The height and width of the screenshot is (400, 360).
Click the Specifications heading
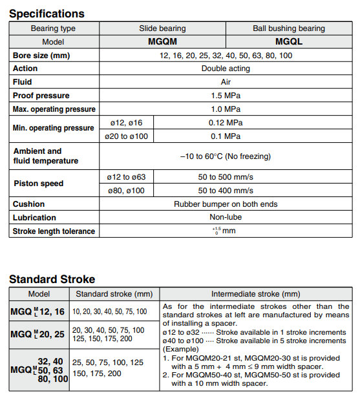point(47,14)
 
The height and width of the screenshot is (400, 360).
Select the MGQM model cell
point(162,41)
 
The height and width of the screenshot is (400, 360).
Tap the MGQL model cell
point(289,41)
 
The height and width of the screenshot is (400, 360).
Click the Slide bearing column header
point(162,28)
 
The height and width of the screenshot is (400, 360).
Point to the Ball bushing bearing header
point(289,28)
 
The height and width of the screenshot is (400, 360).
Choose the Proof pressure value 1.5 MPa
point(226,96)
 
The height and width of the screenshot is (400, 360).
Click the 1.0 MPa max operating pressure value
point(226,109)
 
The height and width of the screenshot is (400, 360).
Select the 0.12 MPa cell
point(226,123)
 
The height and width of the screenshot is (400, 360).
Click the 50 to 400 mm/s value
point(226,191)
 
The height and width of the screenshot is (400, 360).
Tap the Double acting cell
point(226,68)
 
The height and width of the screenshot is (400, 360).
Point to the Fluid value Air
point(226,82)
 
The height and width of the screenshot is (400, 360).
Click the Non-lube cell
point(226,218)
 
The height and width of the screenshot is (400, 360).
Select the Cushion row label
point(29,204)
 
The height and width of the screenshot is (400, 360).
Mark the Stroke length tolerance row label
point(54,231)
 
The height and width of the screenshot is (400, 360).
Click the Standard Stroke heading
point(52,280)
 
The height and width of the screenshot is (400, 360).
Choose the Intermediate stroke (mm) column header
point(255,293)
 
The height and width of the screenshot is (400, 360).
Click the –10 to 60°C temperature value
point(226,156)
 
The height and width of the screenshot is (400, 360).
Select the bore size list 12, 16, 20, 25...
point(226,55)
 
